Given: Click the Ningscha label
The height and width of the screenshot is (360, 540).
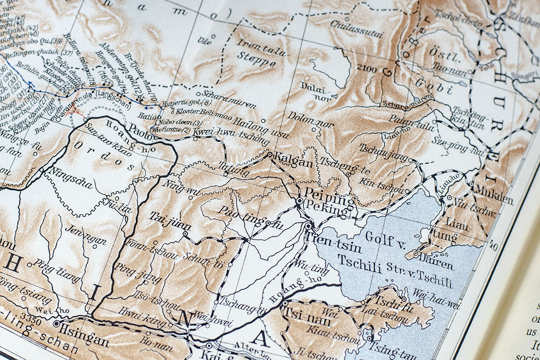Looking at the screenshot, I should (x=72, y=178).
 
